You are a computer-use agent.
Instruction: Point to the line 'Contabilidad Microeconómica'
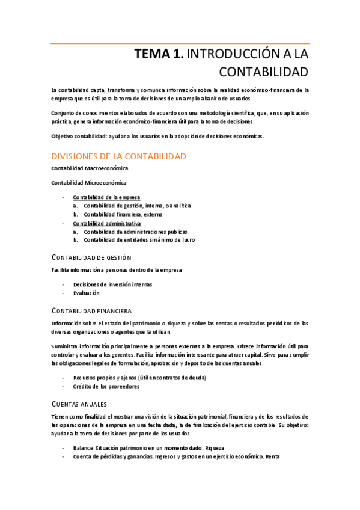tap(89, 183)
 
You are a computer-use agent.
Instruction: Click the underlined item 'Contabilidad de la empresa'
tap(106, 197)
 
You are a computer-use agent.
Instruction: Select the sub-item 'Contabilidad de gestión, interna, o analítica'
tap(137, 206)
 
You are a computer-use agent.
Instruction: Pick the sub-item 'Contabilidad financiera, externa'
tap(123, 214)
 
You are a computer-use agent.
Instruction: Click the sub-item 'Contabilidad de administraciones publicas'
tap(135, 232)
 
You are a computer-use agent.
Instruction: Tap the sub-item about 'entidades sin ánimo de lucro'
tap(139, 240)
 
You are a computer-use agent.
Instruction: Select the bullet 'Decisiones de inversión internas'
tap(112, 284)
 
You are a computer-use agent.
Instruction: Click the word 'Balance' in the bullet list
tap(84, 448)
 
